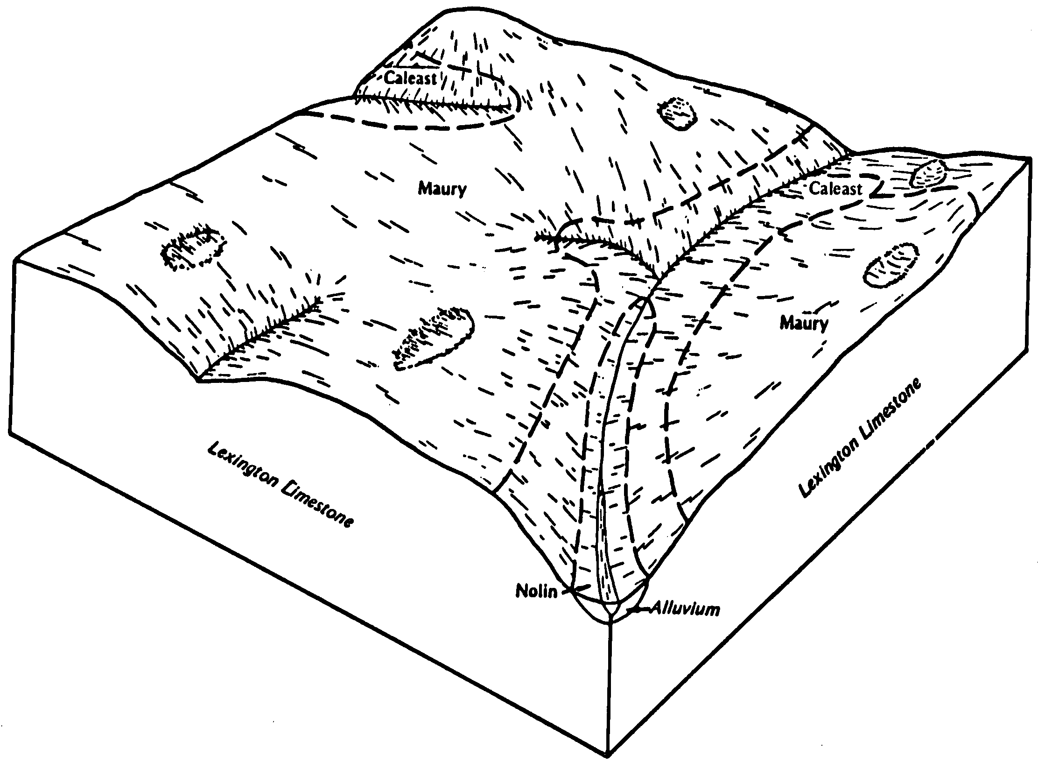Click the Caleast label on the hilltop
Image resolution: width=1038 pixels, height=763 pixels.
[x=411, y=78]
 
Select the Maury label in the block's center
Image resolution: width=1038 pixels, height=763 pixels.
[x=442, y=189]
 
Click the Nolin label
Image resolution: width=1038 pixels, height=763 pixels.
[x=536, y=592]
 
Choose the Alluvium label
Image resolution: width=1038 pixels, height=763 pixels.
[x=686, y=609]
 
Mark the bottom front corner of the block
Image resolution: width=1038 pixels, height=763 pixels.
[x=609, y=754]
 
